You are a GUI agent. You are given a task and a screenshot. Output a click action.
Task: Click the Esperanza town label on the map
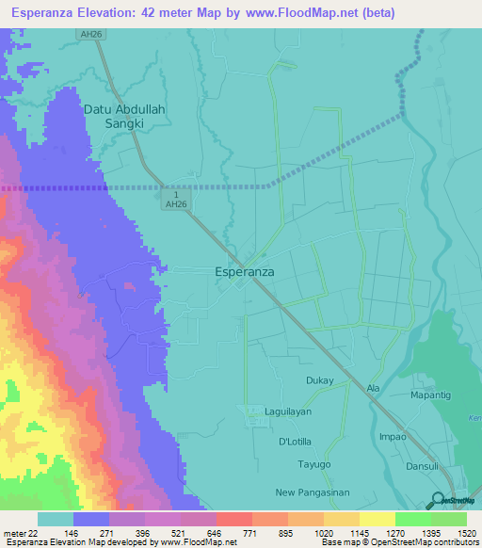click(239, 271)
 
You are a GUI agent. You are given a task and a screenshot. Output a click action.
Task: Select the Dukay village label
click(319, 380)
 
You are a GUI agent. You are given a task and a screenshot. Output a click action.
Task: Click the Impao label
click(393, 436)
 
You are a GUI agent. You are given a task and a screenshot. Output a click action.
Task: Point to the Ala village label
click(373, 388)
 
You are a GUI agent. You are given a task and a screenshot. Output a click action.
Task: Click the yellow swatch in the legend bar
click(377, 519)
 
